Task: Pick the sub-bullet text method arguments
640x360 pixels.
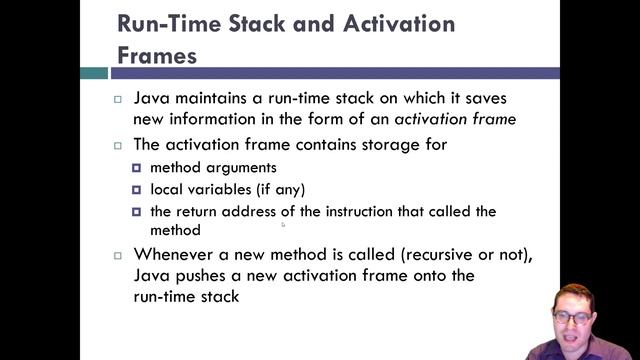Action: [x=213, y=167]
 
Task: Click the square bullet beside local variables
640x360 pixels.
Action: [x=137, y=189]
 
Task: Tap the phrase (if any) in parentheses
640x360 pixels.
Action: [x=281, y=189]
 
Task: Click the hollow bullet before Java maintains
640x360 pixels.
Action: [x=118, y=101]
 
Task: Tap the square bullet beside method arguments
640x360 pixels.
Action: [x=137, y=167]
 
